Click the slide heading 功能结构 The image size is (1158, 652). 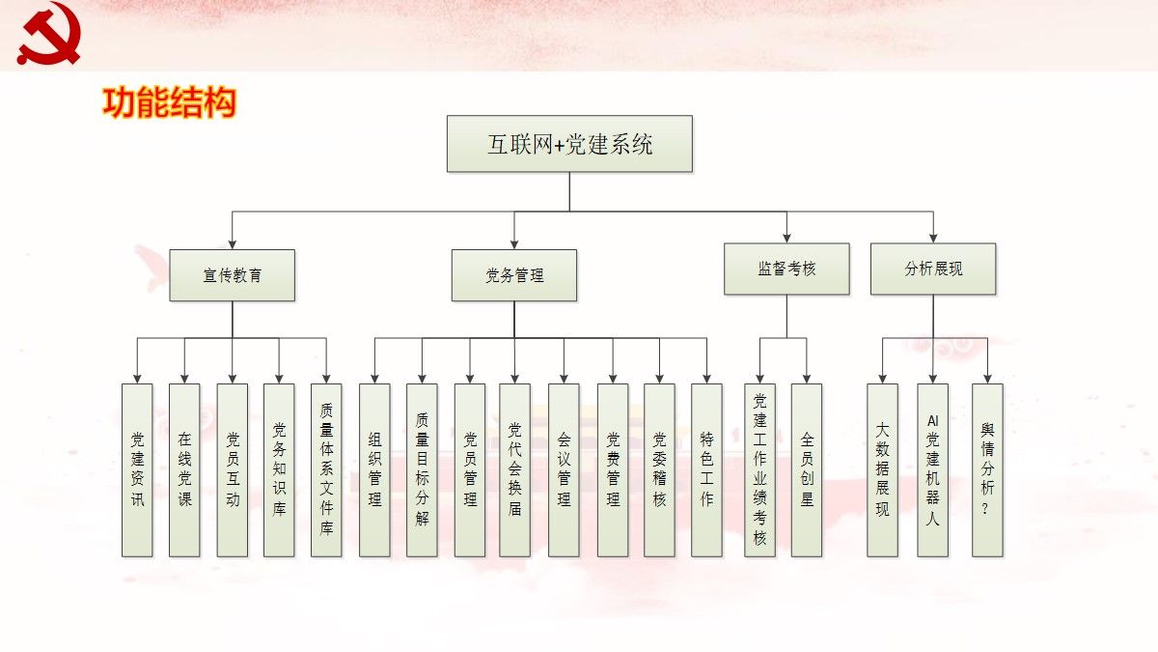coord(169,102)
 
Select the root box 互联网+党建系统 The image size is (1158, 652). coord(569,144)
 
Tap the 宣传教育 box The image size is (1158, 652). coord(233,275)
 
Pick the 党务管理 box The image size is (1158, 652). coord(514,275)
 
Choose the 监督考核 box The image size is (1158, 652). coord(786,269)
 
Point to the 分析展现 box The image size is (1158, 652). coord(933,269)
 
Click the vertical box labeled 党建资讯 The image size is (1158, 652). coord(137,469)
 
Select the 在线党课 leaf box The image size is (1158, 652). coord(184,469)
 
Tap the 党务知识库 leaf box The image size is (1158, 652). coord(279,469)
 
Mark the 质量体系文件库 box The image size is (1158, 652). coord(326,469)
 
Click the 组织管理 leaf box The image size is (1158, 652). coord(374,469)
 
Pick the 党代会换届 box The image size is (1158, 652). coord(514,469)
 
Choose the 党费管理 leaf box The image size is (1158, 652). coord(613,469)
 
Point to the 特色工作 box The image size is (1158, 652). coord(706,469)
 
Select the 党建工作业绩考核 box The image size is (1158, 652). coord(760,469)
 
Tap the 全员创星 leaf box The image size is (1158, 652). coord(807,469)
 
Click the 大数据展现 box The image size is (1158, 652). coord(882,469)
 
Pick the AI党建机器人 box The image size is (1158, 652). coord(932,469)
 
